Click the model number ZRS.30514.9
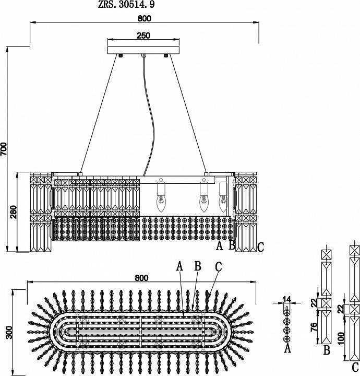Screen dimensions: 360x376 coord(126,5)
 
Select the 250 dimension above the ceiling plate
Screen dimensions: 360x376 coord(143,36)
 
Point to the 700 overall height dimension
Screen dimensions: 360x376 coord(4,149)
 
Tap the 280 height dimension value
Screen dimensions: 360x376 coord(14,211)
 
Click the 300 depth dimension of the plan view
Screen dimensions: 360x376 coord(9,332)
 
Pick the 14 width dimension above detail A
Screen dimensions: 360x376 coord(287,299)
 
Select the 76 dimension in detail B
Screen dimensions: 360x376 coord(314,327)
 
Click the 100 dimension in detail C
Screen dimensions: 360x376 coord(341,338)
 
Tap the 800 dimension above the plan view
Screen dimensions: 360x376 coord(141,278)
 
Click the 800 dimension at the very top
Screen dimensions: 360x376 coord(145,18)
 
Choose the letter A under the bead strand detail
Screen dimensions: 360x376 coord(287,348)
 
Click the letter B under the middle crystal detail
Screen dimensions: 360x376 coord(327,350)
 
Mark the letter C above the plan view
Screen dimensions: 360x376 coord(219,267)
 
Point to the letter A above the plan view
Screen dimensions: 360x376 coord(179,266)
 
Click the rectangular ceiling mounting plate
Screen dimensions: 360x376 coord(143,50)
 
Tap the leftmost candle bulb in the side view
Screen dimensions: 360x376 coord(161,203)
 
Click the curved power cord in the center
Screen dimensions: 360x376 coord(149,115)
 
